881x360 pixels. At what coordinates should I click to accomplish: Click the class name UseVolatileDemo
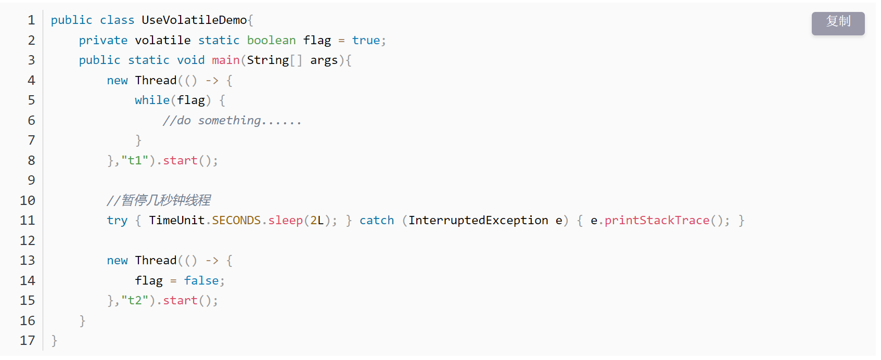[194, 20]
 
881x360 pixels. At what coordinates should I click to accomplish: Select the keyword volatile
[163, 41]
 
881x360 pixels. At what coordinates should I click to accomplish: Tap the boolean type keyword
[271, 41]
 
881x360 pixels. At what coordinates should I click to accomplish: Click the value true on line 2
[366, 41]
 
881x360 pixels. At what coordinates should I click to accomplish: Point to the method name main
[225, 60]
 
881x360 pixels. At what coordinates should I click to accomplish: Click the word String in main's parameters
[267, 60]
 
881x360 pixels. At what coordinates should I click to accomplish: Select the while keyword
[152, 100]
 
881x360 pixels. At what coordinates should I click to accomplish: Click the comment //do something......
[232, 121]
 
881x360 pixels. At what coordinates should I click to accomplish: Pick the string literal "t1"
[135, 161]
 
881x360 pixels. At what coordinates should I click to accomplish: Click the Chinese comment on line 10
[159, 200]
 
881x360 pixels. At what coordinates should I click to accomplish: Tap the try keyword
[117, 221]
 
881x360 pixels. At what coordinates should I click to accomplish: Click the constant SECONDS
[236, 221]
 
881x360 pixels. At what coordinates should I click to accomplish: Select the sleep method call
[285, 221]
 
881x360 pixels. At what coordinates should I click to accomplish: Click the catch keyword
[377, 221]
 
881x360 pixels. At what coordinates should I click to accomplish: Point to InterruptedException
[478, 221]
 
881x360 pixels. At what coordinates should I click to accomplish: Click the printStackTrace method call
[657, 221]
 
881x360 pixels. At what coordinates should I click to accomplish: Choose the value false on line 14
[201, 281]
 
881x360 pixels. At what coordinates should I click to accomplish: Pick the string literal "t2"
[135, 301]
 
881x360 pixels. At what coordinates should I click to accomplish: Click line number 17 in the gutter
[28, 341]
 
